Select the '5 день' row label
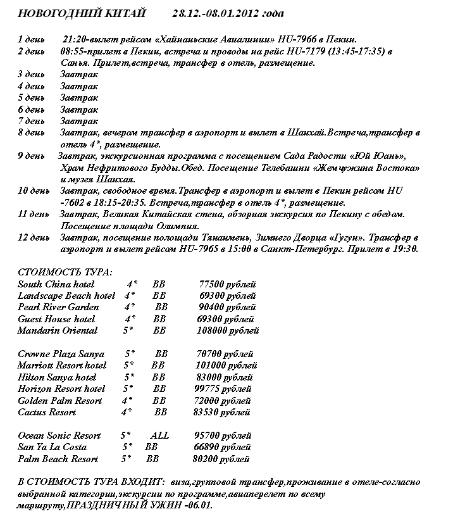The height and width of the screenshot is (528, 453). point(31,97)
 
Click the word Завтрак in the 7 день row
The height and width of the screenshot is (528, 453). point(79,121)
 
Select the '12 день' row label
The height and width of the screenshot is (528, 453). point(34,237)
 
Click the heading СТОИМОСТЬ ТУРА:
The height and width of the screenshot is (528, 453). point(65,272)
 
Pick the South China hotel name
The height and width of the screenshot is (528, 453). point(56,284)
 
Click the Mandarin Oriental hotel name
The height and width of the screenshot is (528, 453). point(58,330)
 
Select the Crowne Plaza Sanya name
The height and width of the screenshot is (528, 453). point(61,354)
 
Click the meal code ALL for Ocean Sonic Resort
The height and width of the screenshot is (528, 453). point(160,436)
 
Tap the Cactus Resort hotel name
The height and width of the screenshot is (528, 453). point(47,412)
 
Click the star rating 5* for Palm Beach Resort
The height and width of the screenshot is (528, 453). point(126,459)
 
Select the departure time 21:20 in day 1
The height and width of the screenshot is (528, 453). point(75,39)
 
